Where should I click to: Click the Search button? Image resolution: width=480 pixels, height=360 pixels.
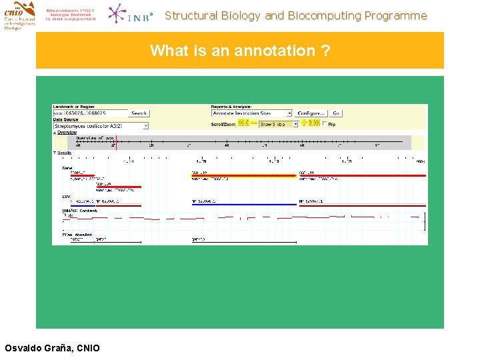tap(139, 113)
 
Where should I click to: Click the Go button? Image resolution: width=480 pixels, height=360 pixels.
tap(336, 113)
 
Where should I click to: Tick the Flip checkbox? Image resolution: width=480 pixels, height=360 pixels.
tap(325, 124)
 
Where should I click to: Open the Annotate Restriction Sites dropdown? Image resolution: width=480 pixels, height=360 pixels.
tap(252, 113)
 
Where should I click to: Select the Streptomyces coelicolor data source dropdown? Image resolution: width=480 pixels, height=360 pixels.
tap(101, 125)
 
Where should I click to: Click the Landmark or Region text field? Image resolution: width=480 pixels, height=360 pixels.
tap(90, 113)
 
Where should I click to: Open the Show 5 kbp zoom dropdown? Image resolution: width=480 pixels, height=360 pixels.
tap(278, 124)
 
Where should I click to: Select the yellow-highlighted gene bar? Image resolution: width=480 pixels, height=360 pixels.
tap(243, 175)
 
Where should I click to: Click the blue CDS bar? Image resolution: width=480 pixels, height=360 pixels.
tap(243, 205)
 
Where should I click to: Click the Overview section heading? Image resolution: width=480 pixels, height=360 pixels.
tap(67, 132)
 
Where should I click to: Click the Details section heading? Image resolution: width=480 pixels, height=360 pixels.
tap(64, 153)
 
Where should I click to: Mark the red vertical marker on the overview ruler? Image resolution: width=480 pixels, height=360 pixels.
tap(116, 141)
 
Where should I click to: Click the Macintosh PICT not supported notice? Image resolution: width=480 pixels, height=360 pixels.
tap(71, 15)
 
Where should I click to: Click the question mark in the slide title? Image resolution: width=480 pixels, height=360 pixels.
tap(325, 51)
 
